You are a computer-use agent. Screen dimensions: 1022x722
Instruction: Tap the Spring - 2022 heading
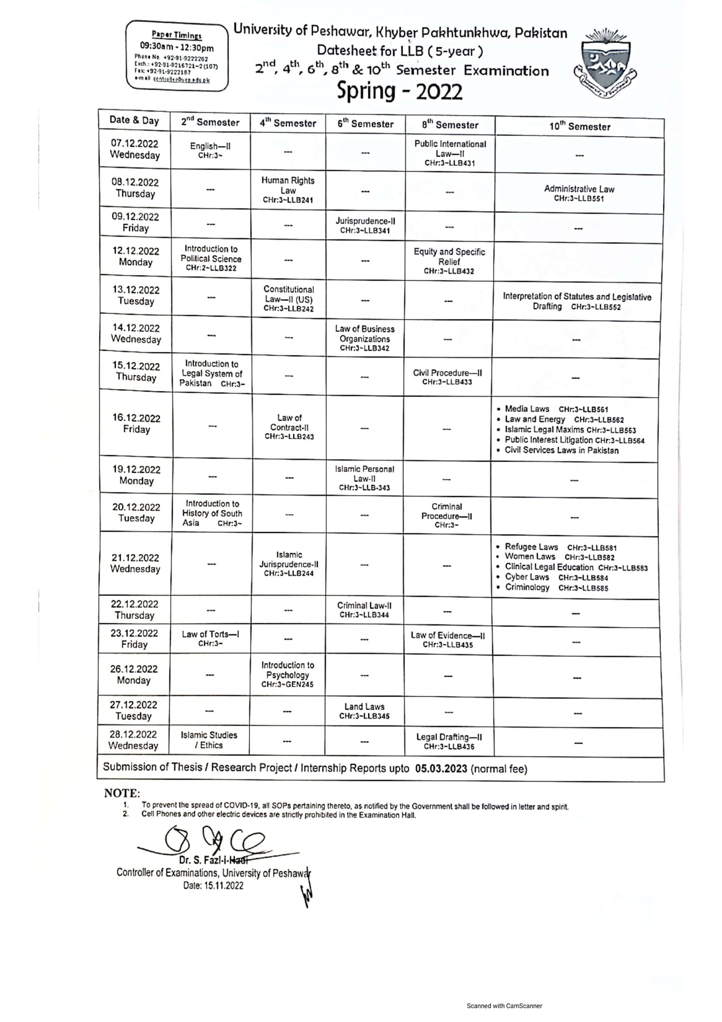point(399,91)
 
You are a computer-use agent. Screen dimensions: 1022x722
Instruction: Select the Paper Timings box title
point(177,35)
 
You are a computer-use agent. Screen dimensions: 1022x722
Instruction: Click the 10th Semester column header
point(580,127)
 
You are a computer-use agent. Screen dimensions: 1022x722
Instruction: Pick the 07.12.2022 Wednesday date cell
point(135,149)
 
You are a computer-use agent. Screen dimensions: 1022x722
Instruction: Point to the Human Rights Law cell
point(288,190)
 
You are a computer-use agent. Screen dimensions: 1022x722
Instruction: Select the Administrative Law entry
point(579,193)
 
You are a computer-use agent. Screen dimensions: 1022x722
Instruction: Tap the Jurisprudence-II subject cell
point(365,225)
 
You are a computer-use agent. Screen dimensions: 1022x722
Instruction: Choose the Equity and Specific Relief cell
point(449,261)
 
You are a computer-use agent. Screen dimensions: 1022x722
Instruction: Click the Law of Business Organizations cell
point(364,338)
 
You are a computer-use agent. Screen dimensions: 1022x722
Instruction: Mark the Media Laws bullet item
point(527,409)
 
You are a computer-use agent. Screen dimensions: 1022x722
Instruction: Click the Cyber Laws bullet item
point(527,577)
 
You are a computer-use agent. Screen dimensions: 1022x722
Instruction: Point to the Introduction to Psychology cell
point(287,674)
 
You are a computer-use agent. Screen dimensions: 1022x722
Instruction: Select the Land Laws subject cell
point(364,711)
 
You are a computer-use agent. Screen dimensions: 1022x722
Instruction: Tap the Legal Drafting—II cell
point(449,741)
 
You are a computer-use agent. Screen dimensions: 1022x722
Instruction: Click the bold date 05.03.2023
point(441,768)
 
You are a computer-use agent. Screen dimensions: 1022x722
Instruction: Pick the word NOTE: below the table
point(122,793)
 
